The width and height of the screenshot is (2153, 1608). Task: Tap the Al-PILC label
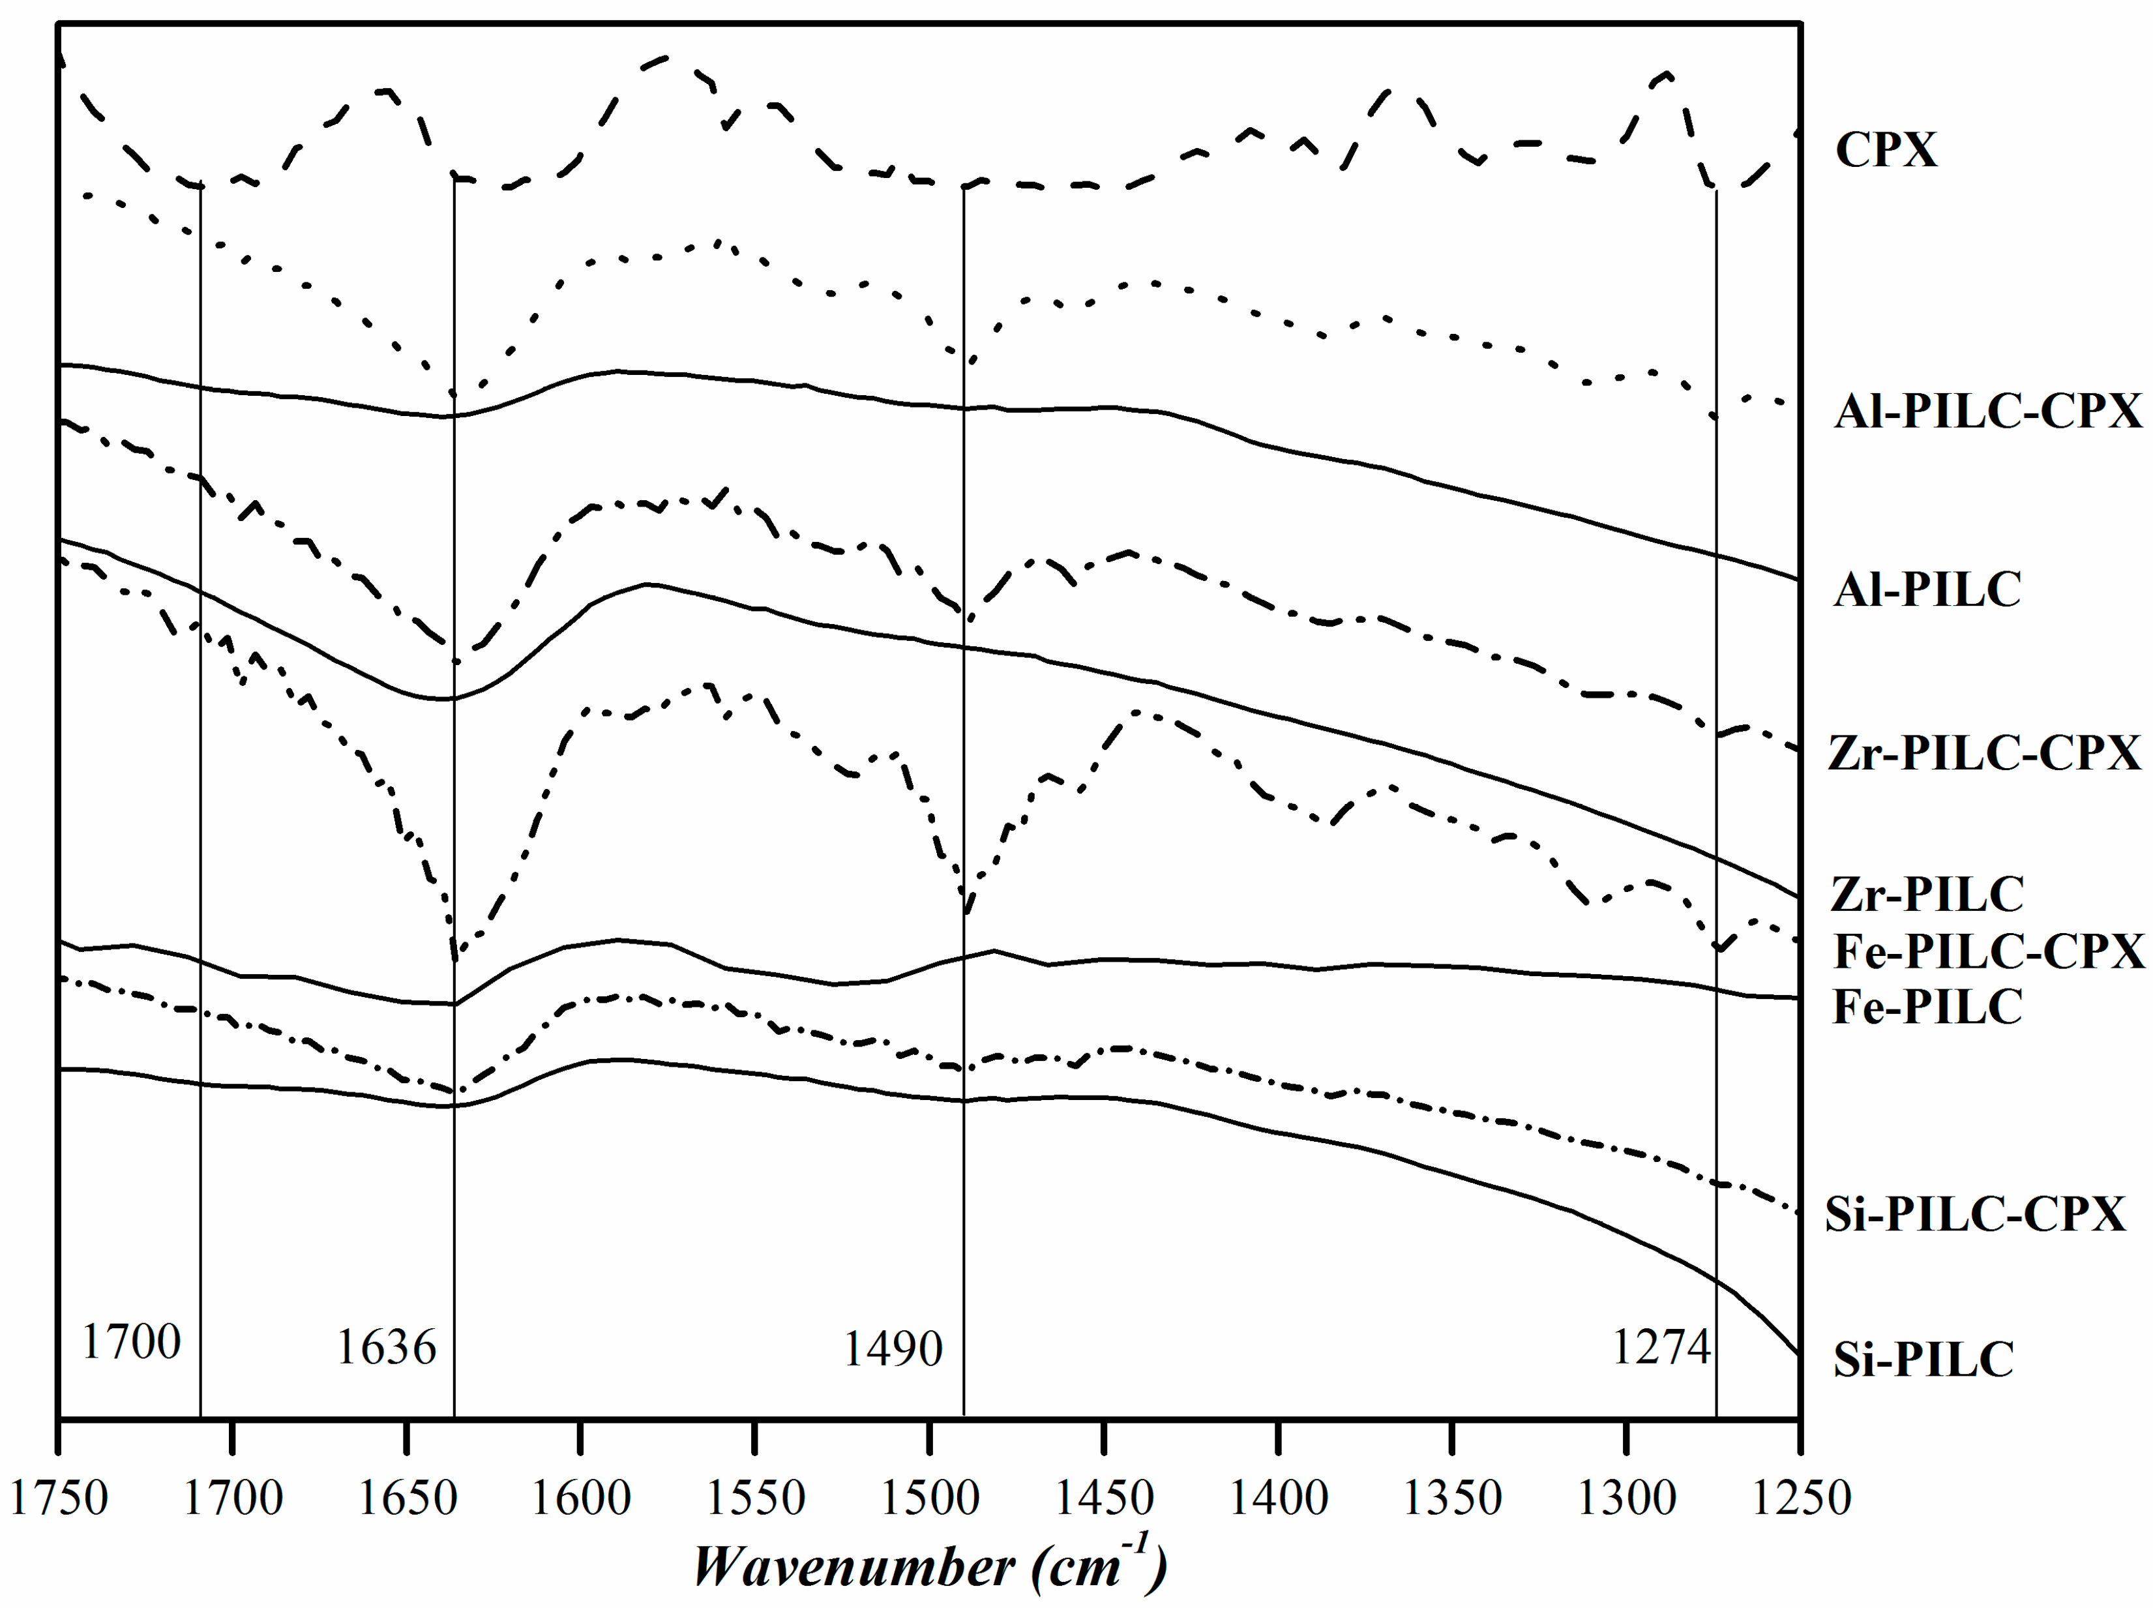tap(1927, 590)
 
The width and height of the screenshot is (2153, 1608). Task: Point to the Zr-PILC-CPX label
tap(1985, 753)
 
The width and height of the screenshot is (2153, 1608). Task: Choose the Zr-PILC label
tap(1927, 895)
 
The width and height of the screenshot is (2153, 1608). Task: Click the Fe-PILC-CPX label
tap(1989, 952)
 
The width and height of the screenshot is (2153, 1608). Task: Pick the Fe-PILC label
tap(1927, 1007)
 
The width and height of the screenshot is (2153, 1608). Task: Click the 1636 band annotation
tap(387, 1348)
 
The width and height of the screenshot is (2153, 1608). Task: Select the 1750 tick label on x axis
tap(59, 1497)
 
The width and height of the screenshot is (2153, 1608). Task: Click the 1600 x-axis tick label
tap(581, 1497)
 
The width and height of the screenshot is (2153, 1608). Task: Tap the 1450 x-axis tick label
tap(1104, 1497)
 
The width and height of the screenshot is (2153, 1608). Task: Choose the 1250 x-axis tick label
tap(1802, 1497)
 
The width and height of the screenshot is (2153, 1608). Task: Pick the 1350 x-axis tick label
tap(1452, 1497)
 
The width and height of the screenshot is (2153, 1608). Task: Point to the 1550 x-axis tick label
tap(755, 1497)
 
